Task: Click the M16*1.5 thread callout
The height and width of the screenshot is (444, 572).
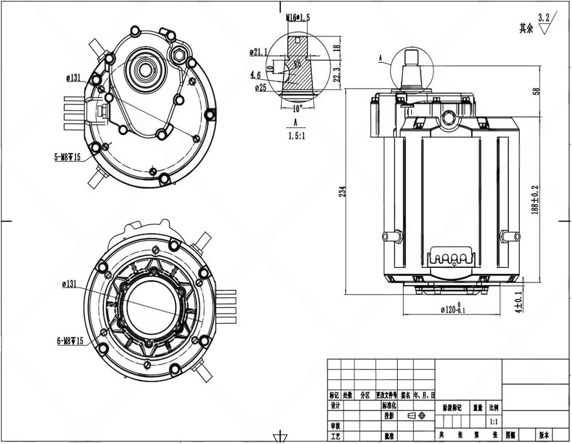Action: (297, 18)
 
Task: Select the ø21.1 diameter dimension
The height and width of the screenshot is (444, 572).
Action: (259, 52)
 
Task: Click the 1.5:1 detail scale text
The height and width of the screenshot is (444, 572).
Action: (296, 136)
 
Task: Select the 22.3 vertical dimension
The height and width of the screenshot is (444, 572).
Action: (336, 75)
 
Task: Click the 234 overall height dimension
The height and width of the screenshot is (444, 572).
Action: (342, 191)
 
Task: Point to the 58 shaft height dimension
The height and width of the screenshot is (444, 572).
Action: (537, 92)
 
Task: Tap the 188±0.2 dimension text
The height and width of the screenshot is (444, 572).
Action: (535, 200)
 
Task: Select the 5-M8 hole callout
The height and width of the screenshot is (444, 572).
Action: (67, 157)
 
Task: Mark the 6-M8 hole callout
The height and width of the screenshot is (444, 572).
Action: (70, 341)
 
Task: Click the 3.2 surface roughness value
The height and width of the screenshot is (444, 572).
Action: (544, 18)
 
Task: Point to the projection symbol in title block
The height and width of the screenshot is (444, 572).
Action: (416, 415)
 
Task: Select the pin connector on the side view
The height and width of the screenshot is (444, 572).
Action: (453, 259)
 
